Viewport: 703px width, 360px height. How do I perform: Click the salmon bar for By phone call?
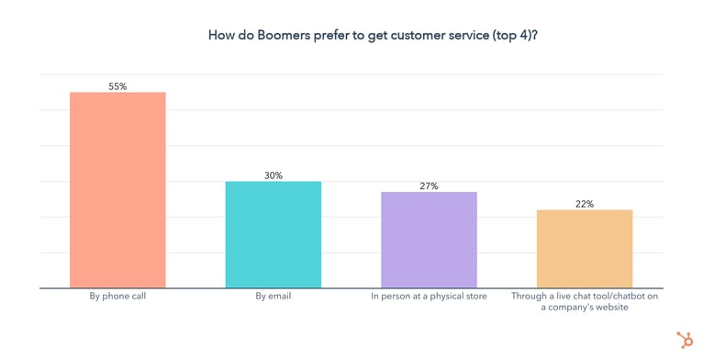pyautogui.click(x=117, y=190)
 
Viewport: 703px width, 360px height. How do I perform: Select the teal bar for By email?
pyautogui.click(x=273, y=234)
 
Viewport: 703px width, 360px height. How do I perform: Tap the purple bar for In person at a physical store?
pyautogui.click(x=429, y=240)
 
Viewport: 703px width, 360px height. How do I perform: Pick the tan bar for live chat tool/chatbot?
pyautogui.click(x=585, y=249)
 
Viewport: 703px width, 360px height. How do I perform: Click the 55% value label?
pyautogui.click(x=117, y=86)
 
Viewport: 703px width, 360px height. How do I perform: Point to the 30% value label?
pyautogui.click(x=273, y=175)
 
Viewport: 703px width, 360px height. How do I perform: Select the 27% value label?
pyautogui.click(x=429, y=186)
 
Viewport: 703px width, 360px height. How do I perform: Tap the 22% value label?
pyautogui.click(x=585, y=204)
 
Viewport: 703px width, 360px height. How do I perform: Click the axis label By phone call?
pyautogui.click(x=117, y=297)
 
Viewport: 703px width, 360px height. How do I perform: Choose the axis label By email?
pyautogui.click(x=273, y=297)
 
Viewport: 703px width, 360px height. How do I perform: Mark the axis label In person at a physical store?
pyautogui.click(x=429, y=297)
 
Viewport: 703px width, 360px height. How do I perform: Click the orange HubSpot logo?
pyautogui.click(x=684, y=340)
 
